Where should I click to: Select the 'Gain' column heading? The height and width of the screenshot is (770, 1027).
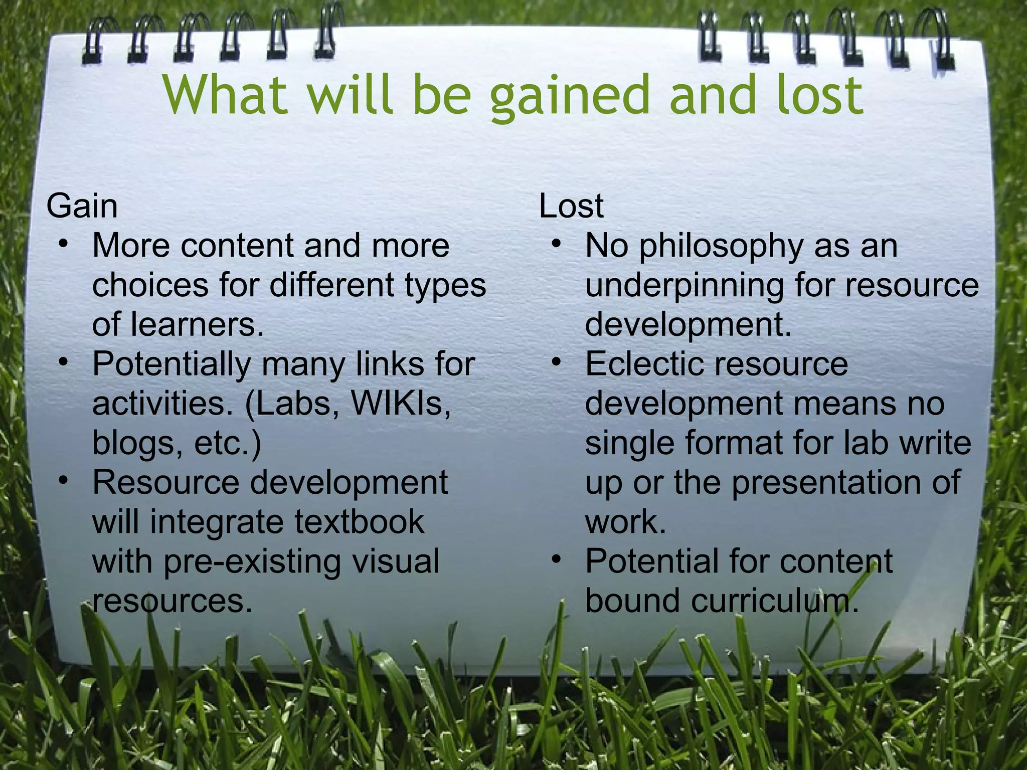[x=82, y=206]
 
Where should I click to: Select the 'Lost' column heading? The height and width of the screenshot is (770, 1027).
[x=571, y=206]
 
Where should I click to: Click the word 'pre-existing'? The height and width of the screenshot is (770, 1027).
[x=252, y=561]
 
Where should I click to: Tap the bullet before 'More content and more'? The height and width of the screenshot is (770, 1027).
[x=63, y=245]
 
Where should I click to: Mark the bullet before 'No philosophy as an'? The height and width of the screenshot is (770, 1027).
[x=556, y=245]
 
